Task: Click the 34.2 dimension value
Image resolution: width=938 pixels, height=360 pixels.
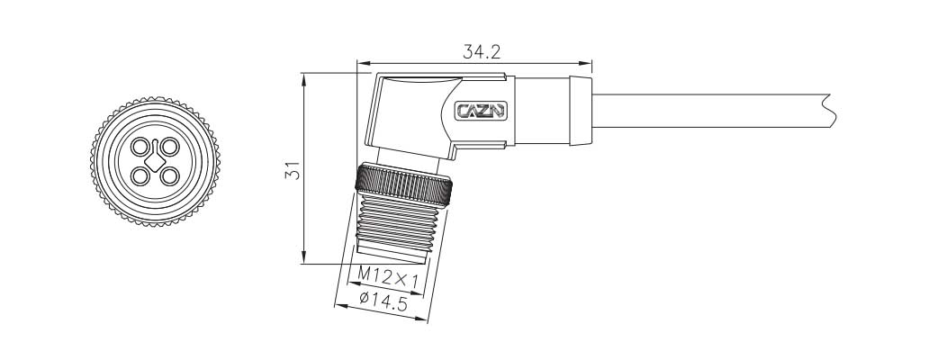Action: pos(482,52)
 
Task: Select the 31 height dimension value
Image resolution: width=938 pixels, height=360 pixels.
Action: pos(293,170)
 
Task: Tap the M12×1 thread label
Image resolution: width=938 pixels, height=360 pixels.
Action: pos(388,276)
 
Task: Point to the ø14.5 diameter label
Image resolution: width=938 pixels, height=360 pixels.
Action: pos(383,301)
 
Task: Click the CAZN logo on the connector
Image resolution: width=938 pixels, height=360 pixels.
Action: pos(481,111)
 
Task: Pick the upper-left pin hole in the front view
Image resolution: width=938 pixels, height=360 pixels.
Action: pos(140,147)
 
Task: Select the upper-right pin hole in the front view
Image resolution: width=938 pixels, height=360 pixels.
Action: pos(170,147)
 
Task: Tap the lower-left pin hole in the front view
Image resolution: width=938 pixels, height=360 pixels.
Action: pos(140,176)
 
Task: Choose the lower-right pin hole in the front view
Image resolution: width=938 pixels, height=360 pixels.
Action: pos(170,176)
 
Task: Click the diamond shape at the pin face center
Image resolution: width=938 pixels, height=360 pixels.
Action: pos(156,161)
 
